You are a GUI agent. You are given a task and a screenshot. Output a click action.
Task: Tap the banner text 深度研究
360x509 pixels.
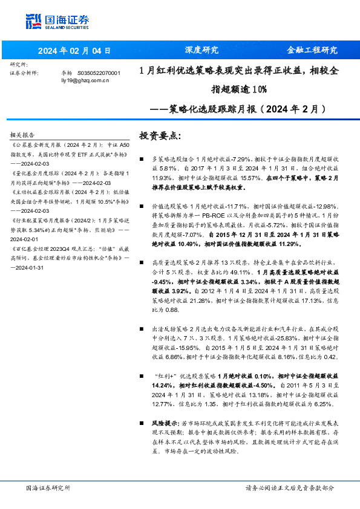201,50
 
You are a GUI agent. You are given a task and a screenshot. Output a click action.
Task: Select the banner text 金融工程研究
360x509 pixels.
312,50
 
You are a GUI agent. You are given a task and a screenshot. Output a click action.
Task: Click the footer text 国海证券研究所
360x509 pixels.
48,488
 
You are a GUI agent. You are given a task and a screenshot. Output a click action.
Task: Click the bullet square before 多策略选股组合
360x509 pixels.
142,158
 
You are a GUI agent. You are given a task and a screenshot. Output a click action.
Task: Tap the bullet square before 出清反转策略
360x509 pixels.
142,328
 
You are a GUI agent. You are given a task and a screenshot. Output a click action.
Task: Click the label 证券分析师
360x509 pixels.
24,73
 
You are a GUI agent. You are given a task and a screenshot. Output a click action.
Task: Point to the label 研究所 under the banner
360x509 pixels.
19,64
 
